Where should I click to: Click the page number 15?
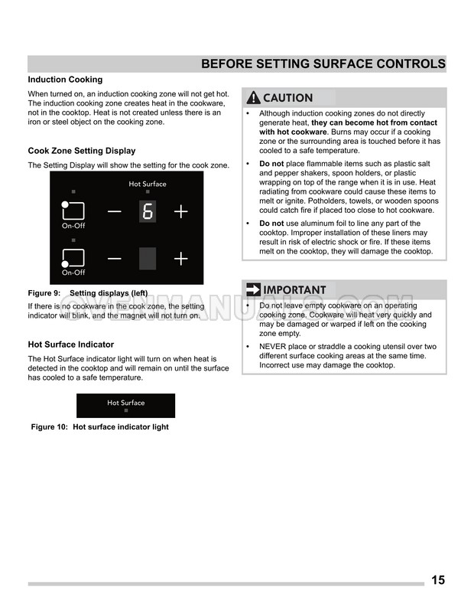click(x=438, y=580)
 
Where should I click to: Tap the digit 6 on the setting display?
click(x=148, y=211)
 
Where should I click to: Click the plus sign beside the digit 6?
click(x=180, y=211)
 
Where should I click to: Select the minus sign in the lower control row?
click(x=114, y=259)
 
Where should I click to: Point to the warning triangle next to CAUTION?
click(x=253, y=98)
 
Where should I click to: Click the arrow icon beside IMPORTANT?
click(x=253, y=290)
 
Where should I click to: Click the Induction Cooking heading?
click(x=65, y=80)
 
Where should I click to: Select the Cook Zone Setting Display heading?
click(x=81, y=151)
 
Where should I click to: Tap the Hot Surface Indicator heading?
click(x=71, y=345)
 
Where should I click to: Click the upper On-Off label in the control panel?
click(x=73, y=226)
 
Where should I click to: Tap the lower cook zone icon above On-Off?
click(x=73, y=258)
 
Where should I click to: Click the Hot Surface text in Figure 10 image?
click(x=125, y=403)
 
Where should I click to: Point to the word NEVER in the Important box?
click(x=275, y=347)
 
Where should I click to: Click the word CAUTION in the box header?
click(x=287, y=98)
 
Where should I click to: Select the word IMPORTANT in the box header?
click(x=294, y=290)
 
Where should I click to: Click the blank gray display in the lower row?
click(x=148, y=259)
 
